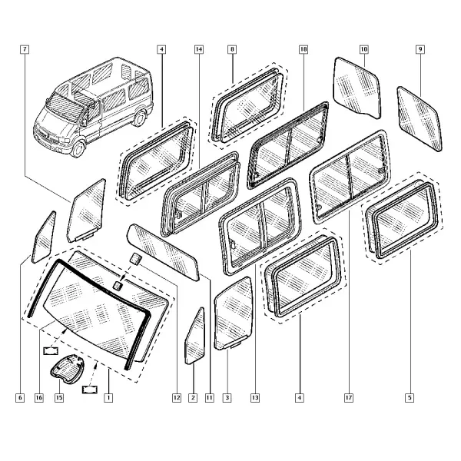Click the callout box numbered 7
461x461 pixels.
pyautogui.click(x=25, y=49)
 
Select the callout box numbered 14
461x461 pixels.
pyautogui.click(x=199, y=49)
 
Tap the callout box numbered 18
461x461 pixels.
pyautogui.click(x=303, y=49)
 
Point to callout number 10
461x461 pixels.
pyautogui.click(x=364, y=49)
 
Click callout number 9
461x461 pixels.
pyautogui.click(x=420, y=49)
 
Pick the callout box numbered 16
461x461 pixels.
pyautogui.click(x=39, y=398)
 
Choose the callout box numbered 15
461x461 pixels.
pyautogui.click(x=59, y=398)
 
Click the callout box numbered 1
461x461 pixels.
pyautogui.click(x=108, y=398)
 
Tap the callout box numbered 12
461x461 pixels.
pyautogui.click(x=177, y=398)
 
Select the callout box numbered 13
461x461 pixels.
pyautogui.click(x=255, y=398)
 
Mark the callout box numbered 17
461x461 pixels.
pyautogui.click(x=348, y=398)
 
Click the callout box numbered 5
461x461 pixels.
pyautogui.click(x=410, y=398)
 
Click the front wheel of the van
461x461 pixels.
pyautogui.click(x=78, y=149)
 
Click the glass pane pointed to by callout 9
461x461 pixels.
pyautogui.click(x=420, y=119)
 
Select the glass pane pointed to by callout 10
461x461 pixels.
pyautogui.click(x=357, y=88)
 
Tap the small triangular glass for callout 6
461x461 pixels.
pyautogui.click(x=44, y=237)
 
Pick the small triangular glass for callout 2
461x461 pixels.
pyautogui.click(x=194, y=336)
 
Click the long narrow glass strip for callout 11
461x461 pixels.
pyautogui.click(x=163, y=252)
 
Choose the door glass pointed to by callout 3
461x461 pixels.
pyautogui.click(x=234, y=313)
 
